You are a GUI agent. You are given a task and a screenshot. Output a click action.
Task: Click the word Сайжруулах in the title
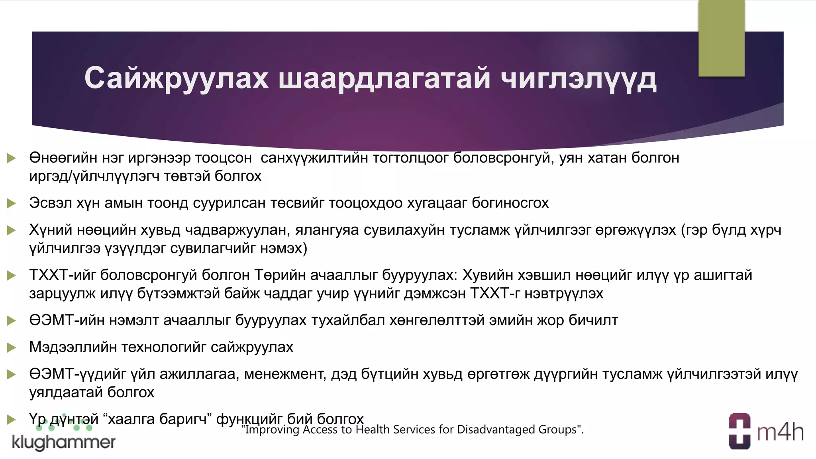pyautogui.click(x=176, y=78)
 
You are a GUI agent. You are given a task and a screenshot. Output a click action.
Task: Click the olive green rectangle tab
pyautogui.click(x=721, y=38)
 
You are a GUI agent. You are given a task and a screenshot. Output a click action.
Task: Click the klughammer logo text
pyautogui.click(x=64, y=442)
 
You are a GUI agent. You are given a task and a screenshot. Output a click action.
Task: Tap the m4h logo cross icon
pyautogui.click(x=739, y=431)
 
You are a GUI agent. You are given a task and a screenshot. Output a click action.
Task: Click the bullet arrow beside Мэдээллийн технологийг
pyautogui.click(x=12, y=348)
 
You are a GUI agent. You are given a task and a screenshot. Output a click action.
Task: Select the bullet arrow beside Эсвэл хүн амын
pyautogui.click(x=12, y=204)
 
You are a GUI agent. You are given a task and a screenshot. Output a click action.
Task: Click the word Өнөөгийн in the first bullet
pyautogui.click(x=63, y=158)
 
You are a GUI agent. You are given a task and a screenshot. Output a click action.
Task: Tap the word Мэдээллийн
pyautogui.click(x=73, y=347)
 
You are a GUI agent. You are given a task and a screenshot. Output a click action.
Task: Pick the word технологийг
pyautogui.click(x=164, y=347)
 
